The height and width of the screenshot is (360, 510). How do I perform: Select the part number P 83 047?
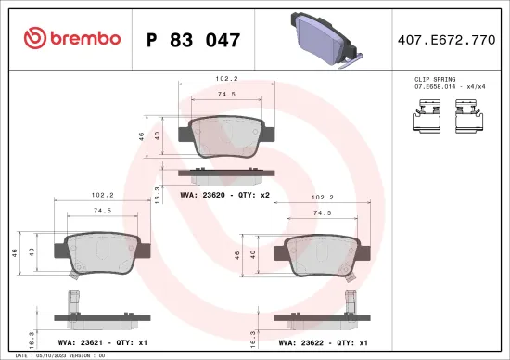tap(194, 40)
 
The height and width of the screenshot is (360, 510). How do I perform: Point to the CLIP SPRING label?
tap(433, 81)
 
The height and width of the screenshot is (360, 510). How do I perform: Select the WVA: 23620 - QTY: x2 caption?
tap(224, 196)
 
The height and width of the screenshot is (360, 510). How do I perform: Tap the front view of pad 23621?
tap(103, 251)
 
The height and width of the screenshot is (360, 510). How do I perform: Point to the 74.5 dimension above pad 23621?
tap(103, 212)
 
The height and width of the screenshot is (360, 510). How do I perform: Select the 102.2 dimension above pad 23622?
tap(323, 197)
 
